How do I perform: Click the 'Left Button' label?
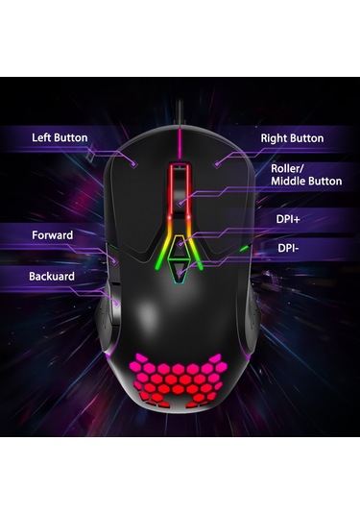click(x=60, y=137)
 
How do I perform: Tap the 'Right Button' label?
click(x=292, y=138)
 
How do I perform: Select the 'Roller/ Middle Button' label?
click(x=305, y=174)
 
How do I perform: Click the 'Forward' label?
click(x=52, y=235)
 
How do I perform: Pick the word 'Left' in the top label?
click(x=42, y=137)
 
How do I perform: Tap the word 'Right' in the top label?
click(x=276, y=138)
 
